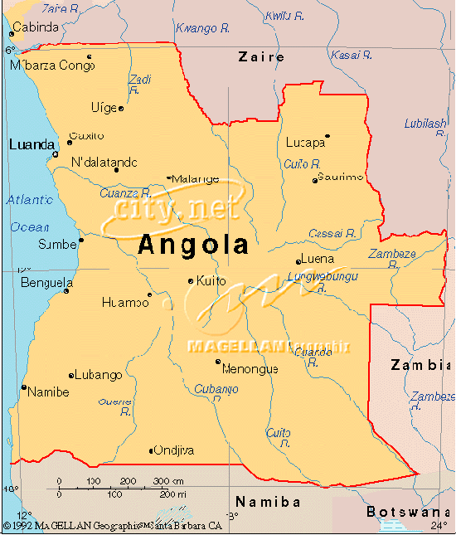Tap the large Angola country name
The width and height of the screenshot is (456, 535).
[x=193, y=244]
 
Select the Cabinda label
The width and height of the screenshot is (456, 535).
[x=36, y=27]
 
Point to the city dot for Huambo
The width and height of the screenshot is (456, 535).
[x=150, y=294]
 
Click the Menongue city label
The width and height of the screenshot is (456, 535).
[x=250, y=369]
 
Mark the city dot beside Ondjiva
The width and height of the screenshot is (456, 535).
[x=151, y=451]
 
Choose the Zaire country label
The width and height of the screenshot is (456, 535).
[x=261, y=57]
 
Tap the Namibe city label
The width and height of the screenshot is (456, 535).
[x=48, y=392]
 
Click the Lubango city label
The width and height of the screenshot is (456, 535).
[x=99, y=375]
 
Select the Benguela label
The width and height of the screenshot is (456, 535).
[x=47, y=283]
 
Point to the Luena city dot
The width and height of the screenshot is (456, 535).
[x=298, y=262]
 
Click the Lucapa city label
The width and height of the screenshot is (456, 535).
[x=305, y=143]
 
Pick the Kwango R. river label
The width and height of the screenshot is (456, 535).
[x=203, y=28]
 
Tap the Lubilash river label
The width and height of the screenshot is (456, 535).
[x=425, y=124]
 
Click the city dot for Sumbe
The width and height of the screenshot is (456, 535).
[x=81, y=241]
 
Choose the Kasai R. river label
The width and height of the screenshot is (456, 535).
[x=352, y=55]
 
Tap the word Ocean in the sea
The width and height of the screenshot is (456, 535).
[x=30, y=226]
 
